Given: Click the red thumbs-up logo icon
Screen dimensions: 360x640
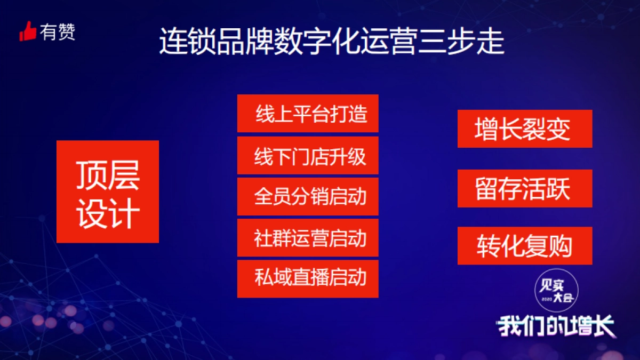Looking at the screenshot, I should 28,32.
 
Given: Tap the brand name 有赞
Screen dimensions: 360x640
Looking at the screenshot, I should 57,32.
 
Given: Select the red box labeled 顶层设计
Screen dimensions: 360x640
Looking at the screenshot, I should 108,191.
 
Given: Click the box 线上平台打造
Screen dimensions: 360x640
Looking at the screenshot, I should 308,114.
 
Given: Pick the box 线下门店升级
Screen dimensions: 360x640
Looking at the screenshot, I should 308,155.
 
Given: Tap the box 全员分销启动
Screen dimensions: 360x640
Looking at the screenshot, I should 308,196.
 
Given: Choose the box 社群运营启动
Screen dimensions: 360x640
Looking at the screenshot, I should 308,237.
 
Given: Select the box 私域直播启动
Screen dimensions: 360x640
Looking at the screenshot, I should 308,278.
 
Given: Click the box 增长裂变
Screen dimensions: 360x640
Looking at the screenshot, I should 525,129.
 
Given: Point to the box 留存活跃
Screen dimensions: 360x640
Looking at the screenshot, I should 525,188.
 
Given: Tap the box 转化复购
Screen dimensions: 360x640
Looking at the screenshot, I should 525,246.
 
